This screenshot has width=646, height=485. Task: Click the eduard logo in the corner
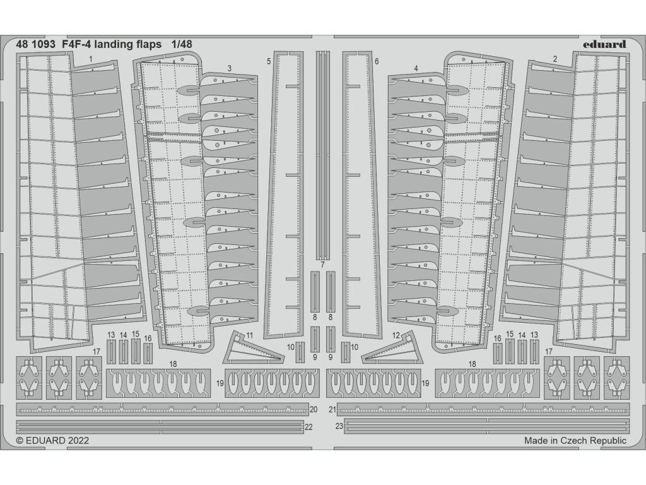coord(604,44)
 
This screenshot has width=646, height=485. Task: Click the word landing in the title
coord(119,44)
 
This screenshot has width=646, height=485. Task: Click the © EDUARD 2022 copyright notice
coord(52,441)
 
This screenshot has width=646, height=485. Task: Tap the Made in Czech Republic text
coord(575,441)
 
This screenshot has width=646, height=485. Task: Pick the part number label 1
coord(91,59)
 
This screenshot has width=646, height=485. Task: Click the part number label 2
coord(555,59)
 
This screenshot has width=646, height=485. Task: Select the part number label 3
coord(229,68)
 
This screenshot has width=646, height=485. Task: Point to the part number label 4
coord(416,68)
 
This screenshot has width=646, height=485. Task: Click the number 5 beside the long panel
coord(269,61)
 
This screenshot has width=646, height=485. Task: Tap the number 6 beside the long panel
coord(377,61)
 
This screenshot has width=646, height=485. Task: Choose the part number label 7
coord(322,264)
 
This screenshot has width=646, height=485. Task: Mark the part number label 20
coord(314,409)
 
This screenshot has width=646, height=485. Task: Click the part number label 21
coord(332,409)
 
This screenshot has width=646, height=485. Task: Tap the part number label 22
coord(308,427)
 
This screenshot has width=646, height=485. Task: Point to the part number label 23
coord(339,427)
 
